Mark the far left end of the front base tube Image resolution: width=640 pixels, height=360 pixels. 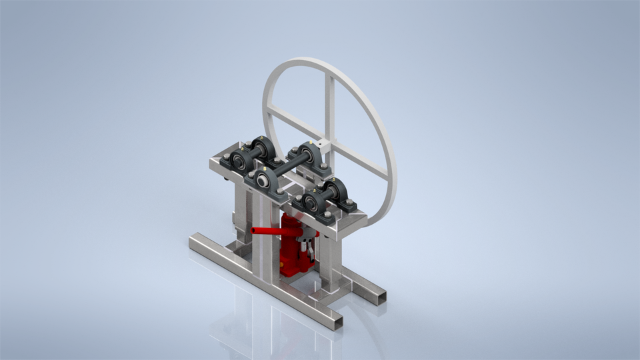(x=194, y=239)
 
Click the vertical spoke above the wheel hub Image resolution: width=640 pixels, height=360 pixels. (x=329, y=107)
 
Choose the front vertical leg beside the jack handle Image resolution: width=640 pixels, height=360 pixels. (x=265, y=253)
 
